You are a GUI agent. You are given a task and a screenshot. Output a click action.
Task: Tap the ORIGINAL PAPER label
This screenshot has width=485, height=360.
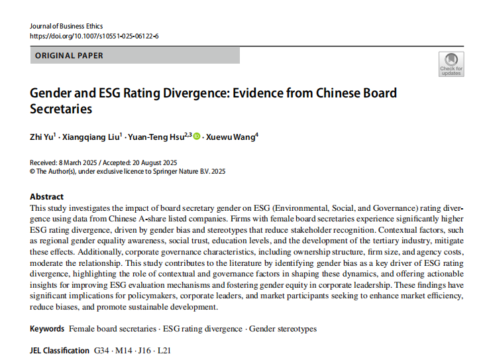tap(69, 56)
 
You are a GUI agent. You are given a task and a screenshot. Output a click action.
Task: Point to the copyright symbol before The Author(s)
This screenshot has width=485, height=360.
tap(32, 171)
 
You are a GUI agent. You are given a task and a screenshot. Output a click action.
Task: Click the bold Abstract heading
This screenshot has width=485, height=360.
tap(47, 196)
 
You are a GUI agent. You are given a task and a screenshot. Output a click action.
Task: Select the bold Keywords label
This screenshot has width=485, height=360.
tap(47, 329)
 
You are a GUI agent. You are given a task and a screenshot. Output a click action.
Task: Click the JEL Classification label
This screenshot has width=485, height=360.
tap(60, 350)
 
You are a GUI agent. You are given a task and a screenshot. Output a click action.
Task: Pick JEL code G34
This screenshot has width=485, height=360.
tap(103, 350)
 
